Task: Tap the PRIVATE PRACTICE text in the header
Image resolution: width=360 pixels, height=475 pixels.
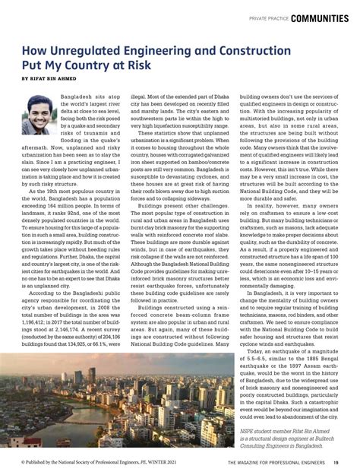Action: coord(268,17)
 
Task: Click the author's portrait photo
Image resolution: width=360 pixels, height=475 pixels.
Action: coord(37,114)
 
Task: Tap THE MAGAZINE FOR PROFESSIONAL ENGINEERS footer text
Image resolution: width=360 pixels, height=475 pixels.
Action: coord(274,463)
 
